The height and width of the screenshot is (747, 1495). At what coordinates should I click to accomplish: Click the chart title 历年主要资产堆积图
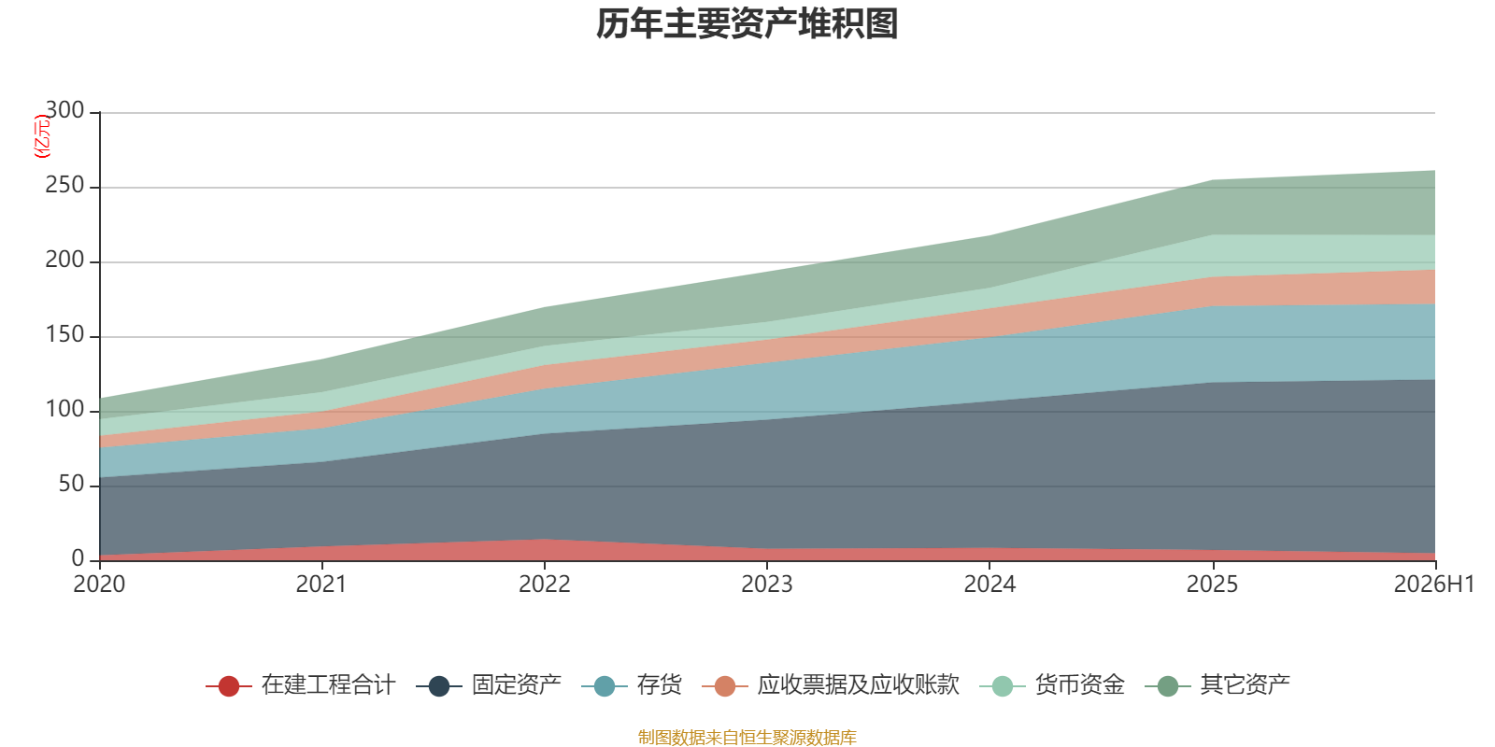pos(747,24)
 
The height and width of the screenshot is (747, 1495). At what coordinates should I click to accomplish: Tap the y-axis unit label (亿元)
pos(42,135)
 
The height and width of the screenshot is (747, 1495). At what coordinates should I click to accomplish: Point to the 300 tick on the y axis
pos(64,110)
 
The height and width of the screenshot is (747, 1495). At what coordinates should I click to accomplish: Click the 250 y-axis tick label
pos(64,185)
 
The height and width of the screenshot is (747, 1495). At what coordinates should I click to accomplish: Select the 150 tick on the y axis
pos(64,334)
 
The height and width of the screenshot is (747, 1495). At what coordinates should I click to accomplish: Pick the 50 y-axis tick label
pos(71,484)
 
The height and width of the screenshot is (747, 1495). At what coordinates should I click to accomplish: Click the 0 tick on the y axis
pos(78,558)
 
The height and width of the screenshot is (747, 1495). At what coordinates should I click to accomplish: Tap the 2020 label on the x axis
pos(99,585)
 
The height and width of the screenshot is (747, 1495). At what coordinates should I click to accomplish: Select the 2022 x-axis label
pos(545,585)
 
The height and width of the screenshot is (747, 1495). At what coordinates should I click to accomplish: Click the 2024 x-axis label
pos(990,585)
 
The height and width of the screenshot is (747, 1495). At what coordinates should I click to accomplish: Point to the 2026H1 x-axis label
pos(1433,585)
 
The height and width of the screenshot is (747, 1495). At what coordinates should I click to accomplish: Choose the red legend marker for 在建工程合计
pos(229,685)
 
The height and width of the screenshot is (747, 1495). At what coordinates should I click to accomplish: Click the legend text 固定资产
pos(517,685)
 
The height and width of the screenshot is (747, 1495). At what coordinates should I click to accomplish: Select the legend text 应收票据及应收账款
pos(859,685)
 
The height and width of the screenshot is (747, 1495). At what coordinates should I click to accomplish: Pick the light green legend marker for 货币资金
pos(1003,685)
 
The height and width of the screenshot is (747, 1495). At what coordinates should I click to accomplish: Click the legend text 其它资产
pos(1246,685)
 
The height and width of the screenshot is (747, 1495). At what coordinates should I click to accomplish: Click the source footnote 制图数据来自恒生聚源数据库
pos(747,737)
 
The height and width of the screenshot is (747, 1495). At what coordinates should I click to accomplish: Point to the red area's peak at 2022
pos(545,539)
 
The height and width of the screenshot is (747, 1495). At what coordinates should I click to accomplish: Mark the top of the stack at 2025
pos(1213,180)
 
